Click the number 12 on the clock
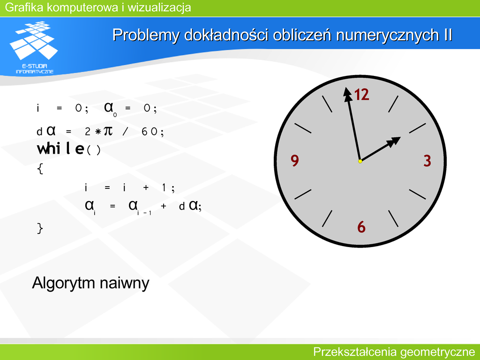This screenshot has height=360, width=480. click(x=362, y=94)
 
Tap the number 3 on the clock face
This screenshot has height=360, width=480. click(x=427, y=161)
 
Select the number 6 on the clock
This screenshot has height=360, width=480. click(x=361, y=227)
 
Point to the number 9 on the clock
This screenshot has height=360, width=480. click(x=295, y=160)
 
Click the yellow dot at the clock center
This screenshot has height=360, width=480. click(x=360, y=161)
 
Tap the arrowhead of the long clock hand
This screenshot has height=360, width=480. click(x=347, y=94)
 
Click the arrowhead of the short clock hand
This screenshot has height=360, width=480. click(x=394, y=142)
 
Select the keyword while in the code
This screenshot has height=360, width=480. click(x=60, y=149)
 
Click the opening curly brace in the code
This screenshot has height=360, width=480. click(x=40, y=169)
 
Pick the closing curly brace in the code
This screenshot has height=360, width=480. click(x=40, y=228)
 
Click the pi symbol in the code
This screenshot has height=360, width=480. click(x=108, y=131)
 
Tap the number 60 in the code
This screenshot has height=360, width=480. click(x=150, y=132)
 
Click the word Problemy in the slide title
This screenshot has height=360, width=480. click(x=146, y=35)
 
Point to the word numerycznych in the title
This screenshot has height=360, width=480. click(x=388, y=35)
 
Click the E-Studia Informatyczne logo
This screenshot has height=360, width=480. click(x=34, y=47)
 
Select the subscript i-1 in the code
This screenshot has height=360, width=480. click(x=144, y=213)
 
